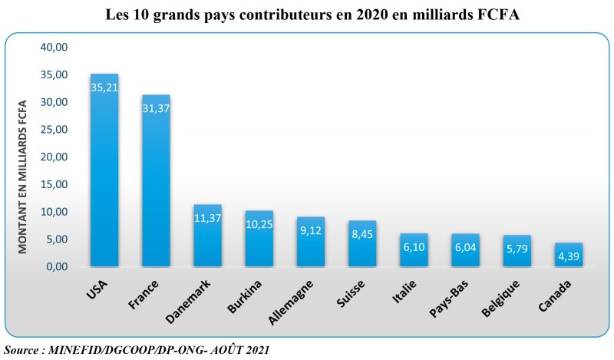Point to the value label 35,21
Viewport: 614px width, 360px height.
(x=104, y=88)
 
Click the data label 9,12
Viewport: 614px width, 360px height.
(x=311, y=230)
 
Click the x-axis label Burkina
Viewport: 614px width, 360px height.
(x=245, y=296)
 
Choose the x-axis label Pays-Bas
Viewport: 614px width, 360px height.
(x=451, y=297)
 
